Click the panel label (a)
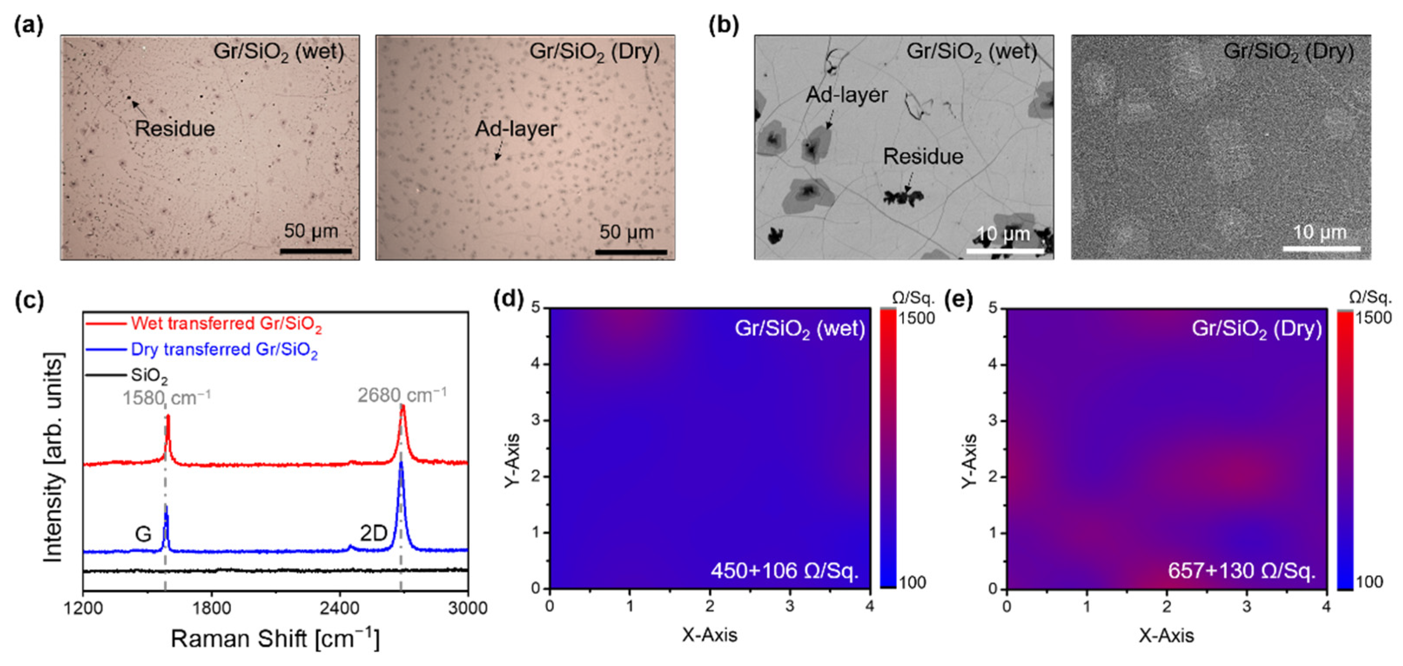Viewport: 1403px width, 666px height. point(28,26)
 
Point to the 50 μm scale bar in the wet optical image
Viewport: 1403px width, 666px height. point(316,251)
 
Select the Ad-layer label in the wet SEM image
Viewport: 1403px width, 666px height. point(846,95)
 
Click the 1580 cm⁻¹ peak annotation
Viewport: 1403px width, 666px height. point(166,398)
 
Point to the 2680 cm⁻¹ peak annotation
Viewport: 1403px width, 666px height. point(402,394)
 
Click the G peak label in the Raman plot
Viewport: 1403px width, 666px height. point(143,534)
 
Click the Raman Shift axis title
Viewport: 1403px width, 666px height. point(275,638)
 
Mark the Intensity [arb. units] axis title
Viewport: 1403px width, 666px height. point(53,458)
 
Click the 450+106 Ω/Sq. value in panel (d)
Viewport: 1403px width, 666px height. point(784,571)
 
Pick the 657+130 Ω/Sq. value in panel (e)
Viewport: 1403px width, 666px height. point(1241,571)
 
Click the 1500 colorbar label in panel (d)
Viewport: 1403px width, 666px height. point(916,318)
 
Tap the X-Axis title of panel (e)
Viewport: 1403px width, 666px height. point(1166,636)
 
